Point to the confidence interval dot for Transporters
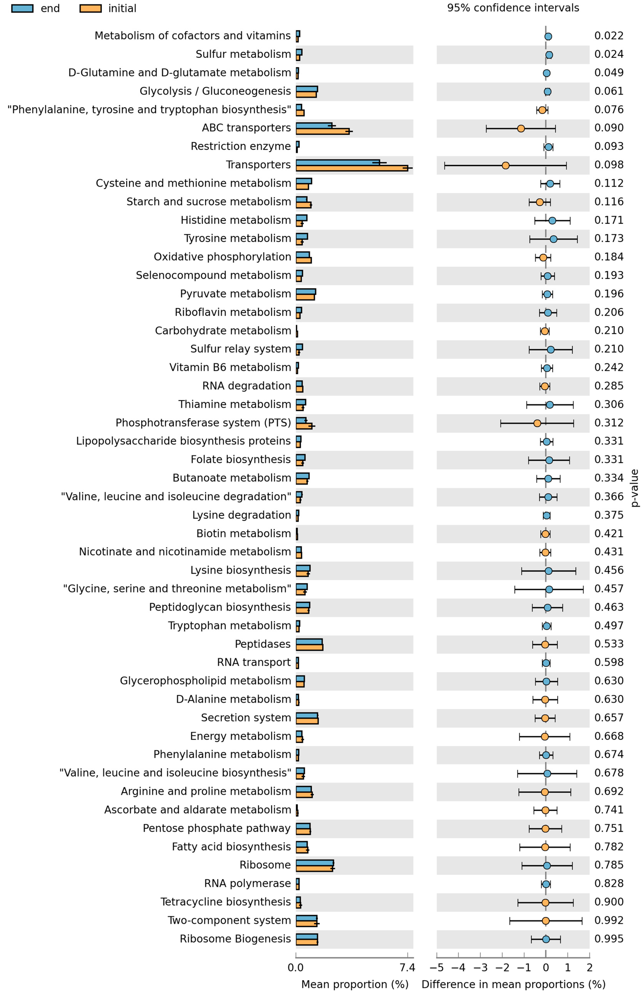point(505,166)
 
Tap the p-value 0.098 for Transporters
point(608,165)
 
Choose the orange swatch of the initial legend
point(90,8)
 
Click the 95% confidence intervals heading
point(513,8)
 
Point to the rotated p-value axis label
point(634,488)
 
